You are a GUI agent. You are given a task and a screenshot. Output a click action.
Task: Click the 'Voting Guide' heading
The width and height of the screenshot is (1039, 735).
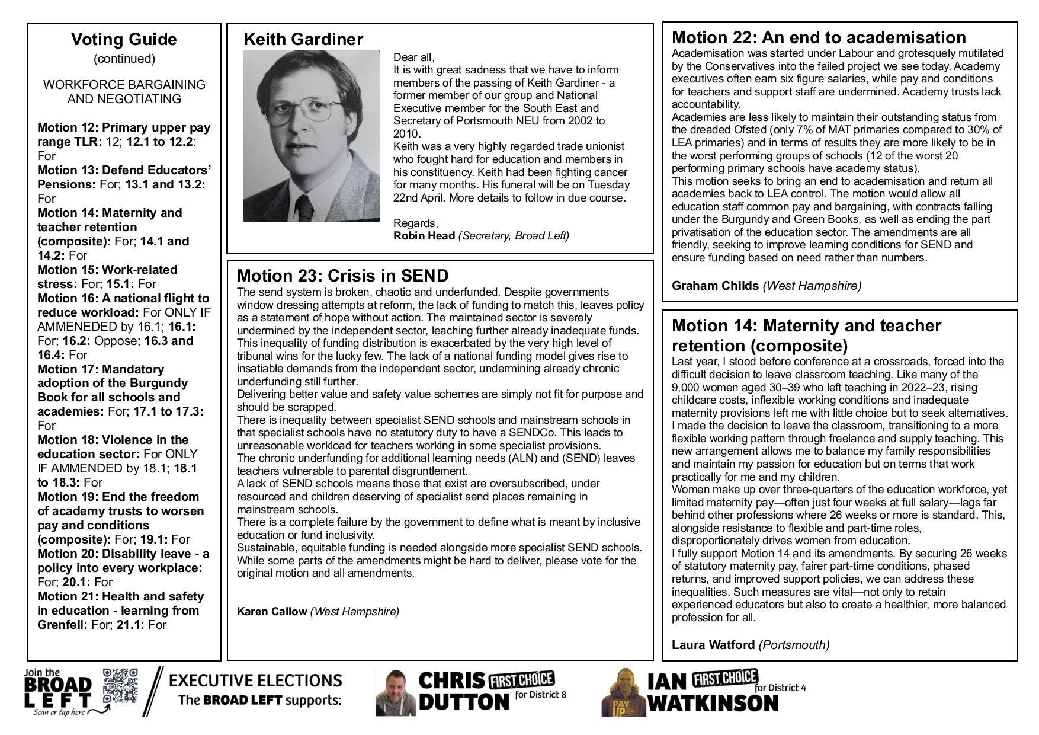124,40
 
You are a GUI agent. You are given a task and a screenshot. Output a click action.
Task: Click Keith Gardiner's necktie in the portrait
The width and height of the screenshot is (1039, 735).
305,207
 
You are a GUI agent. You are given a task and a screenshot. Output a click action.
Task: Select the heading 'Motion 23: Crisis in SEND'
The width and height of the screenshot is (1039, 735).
342,276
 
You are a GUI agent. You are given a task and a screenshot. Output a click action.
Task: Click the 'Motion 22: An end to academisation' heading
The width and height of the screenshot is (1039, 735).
819,37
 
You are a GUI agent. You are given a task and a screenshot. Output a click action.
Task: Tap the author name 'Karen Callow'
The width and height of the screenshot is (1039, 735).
272,611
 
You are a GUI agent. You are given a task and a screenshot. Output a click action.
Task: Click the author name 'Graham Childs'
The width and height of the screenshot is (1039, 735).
715,286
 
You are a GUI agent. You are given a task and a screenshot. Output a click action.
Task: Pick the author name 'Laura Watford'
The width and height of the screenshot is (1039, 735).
713,644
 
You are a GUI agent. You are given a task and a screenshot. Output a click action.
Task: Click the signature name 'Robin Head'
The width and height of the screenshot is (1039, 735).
424,236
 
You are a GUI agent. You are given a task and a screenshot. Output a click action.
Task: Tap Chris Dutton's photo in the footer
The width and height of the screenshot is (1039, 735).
396,692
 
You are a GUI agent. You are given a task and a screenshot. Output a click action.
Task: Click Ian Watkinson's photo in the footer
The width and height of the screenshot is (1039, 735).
623,692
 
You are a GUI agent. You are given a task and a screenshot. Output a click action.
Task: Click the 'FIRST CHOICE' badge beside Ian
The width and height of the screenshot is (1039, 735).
725,678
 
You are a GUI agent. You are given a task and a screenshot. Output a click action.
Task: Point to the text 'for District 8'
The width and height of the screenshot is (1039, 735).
541,695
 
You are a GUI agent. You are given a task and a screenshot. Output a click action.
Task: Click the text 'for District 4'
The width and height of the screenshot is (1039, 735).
780,688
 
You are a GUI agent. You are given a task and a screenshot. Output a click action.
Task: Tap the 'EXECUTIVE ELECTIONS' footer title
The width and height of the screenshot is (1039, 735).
255,680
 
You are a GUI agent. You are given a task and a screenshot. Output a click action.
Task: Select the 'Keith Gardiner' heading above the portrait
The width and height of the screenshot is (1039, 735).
303,40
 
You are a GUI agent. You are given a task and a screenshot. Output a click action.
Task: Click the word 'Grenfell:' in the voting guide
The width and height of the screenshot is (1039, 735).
62,625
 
